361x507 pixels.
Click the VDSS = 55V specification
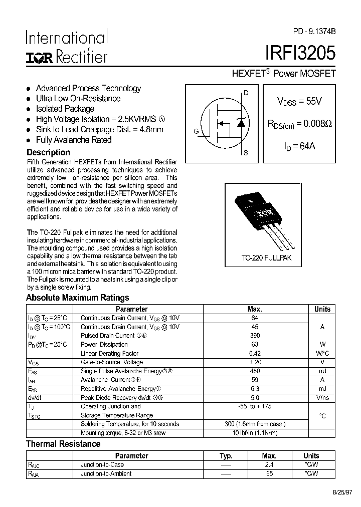(299, 101)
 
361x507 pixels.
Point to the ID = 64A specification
(299, 147)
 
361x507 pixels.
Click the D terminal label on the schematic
(246, 93)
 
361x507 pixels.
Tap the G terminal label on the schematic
(196, 131)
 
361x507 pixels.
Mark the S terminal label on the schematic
(246, 153)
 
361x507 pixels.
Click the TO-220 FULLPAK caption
(266, 259)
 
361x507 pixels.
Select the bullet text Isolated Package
(65, 109)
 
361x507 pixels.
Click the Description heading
(48, 152)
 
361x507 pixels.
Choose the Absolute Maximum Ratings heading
(77, 298)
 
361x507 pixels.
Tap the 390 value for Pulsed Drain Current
(255, 336)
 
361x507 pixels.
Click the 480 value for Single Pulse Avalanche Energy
(255, 371)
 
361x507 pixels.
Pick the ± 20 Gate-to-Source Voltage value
(255, 362)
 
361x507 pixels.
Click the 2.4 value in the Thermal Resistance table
(269, 465)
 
